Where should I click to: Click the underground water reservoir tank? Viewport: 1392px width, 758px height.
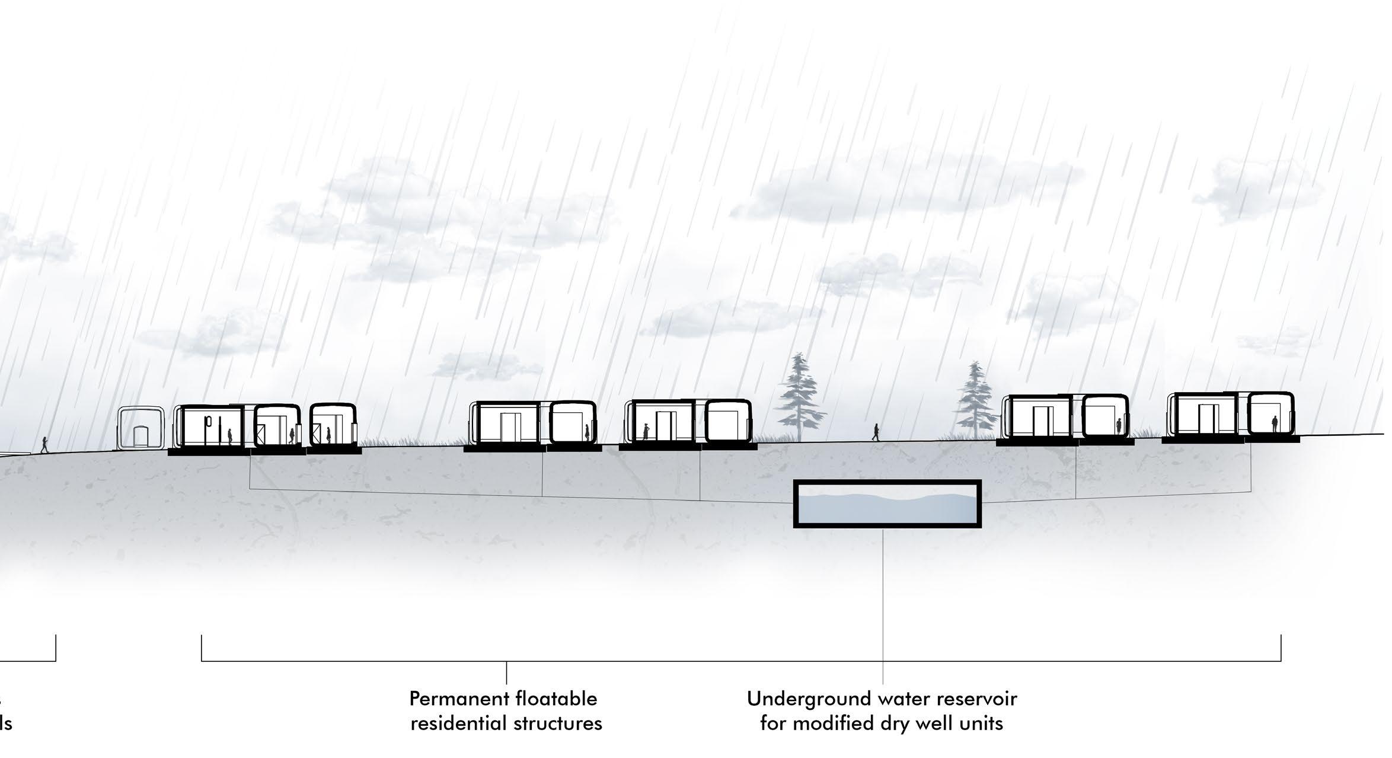click(887, 504)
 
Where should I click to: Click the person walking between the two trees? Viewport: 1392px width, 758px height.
click(876, 432)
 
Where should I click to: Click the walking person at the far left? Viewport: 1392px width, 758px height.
click(44, 444)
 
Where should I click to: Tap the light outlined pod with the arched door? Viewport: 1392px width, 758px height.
click(141, 427)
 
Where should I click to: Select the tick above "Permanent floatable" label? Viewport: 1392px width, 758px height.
click(506, 672)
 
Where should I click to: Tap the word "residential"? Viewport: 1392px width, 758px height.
click(454, 724)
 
